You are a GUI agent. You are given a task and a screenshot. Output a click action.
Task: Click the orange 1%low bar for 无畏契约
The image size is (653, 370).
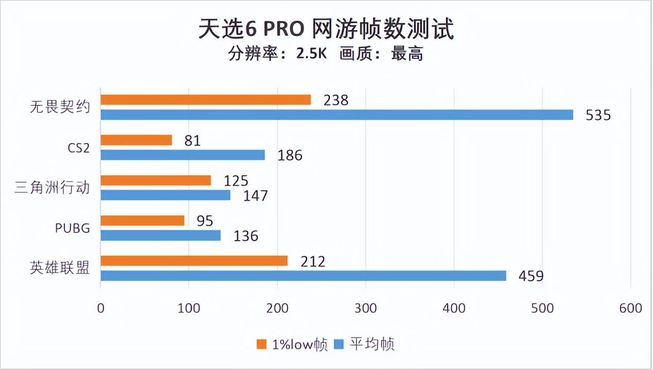click(x=205, y=100)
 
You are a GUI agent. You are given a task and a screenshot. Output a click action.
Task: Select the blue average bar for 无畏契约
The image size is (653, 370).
click(x=337, y=114)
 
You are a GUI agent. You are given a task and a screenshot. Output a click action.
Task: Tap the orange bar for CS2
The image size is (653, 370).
click(x=136, y=140)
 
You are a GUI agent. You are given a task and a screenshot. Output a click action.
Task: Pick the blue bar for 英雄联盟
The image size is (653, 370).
click(x=303, y=276)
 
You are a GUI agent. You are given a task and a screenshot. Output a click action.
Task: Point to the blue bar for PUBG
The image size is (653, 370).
click(x=160, y=236)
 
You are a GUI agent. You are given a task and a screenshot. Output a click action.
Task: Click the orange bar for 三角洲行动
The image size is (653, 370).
click(x=156, y=180)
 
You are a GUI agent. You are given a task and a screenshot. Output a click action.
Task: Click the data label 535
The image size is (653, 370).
click(x=598, y=115)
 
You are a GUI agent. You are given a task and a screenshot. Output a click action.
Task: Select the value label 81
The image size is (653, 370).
click(x=192, y=140)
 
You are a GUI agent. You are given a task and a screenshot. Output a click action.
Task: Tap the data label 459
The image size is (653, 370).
click(x=531, y=276)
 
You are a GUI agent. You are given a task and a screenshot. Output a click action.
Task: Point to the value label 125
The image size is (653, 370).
click(x=236, y=181)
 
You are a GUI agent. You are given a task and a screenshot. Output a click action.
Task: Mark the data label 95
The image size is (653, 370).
click(x=204, y=221)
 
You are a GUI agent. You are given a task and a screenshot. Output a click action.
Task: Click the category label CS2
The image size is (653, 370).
click(x=78, y=148)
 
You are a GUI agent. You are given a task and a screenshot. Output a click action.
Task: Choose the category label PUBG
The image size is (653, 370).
click(x=72, y=228)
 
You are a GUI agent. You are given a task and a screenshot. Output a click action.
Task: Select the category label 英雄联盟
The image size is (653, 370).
click(x=60, y=268)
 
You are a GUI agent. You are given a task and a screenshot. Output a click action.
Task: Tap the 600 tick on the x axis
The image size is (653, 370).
click(x=631, y=308)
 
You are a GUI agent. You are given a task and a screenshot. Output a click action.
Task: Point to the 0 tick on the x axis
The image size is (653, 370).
click(x=100, y=308)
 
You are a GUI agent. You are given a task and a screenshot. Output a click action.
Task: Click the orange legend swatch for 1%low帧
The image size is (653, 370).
click(x=262, y=344)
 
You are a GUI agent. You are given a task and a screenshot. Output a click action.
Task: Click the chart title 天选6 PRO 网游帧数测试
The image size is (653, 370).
click(x=326, y=29)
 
